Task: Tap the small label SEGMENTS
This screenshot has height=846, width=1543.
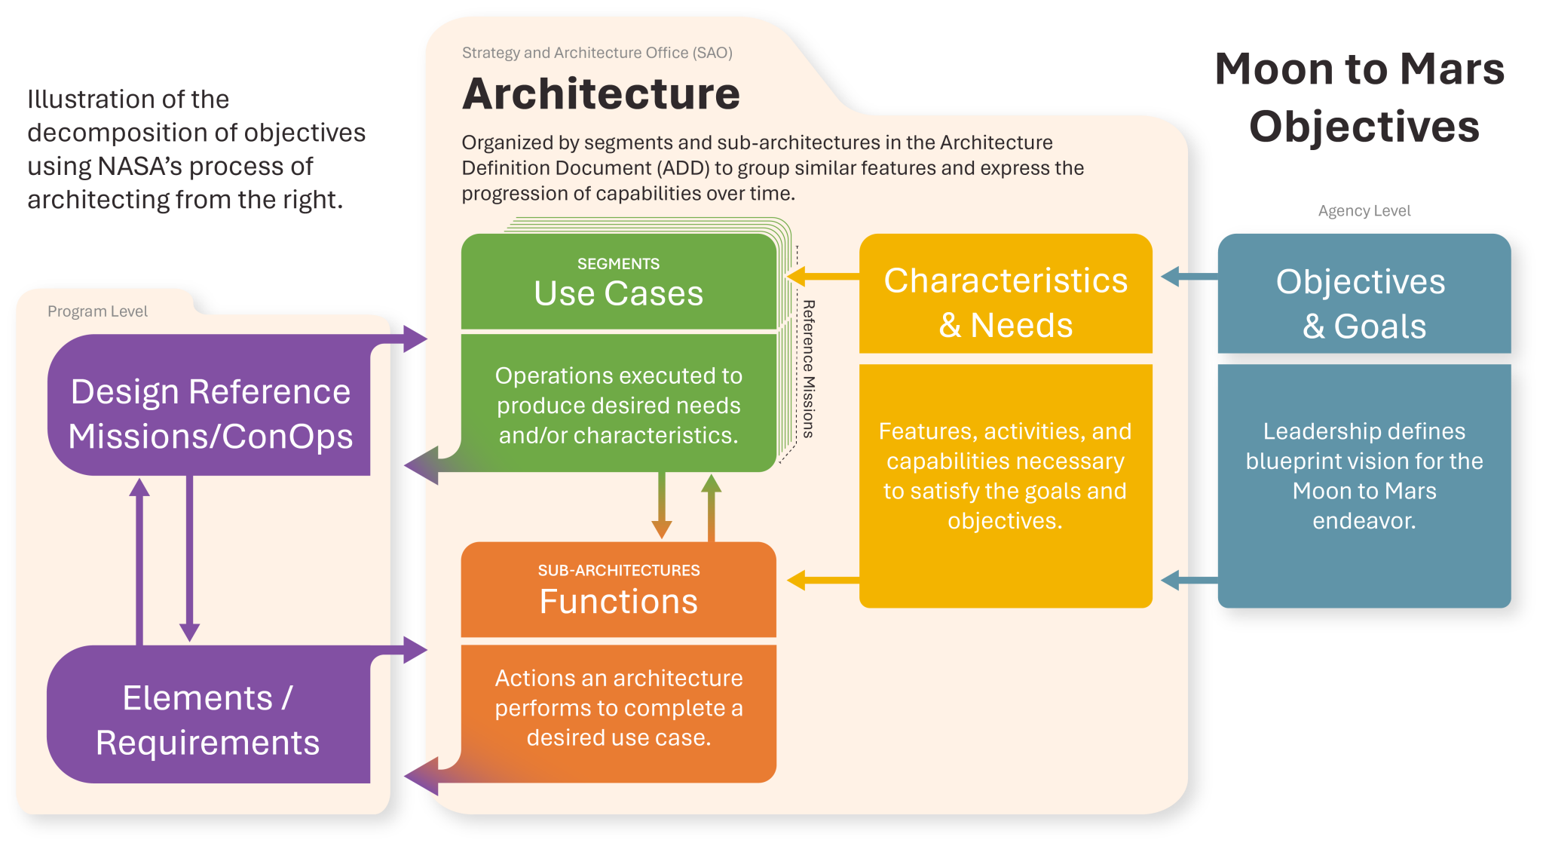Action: (x=618, y=264)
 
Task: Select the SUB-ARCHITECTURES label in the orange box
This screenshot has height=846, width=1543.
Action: (x=618, y=571)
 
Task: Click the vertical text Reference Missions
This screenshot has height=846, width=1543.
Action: (x=808, y=369)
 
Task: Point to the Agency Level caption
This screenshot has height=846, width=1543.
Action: (x=1364, y=211)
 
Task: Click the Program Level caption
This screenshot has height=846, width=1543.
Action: (x=97, y=311)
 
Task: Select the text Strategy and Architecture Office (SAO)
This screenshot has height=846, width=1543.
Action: (x=597, y=53)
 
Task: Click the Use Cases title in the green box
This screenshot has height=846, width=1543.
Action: (x=618, y=293)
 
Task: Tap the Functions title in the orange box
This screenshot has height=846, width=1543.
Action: (x=618, y=602)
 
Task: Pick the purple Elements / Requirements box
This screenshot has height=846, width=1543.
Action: (x=208, y=720)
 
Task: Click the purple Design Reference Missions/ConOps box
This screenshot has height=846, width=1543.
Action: (x=210, y=413)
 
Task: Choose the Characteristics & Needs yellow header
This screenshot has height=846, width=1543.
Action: (x=1006, y=302)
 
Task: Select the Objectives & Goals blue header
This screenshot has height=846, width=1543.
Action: (x=1364, y=303)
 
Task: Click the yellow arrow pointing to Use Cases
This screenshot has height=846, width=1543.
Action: (x=821, y=276)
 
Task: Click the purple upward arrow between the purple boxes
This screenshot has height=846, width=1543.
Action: (x=139, y=558)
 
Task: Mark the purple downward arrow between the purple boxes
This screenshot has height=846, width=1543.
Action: (x=189, y=558)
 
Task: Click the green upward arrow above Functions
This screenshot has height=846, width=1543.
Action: (x=711, y=507)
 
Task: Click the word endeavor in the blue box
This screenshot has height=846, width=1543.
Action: (x=1364, y=521)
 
